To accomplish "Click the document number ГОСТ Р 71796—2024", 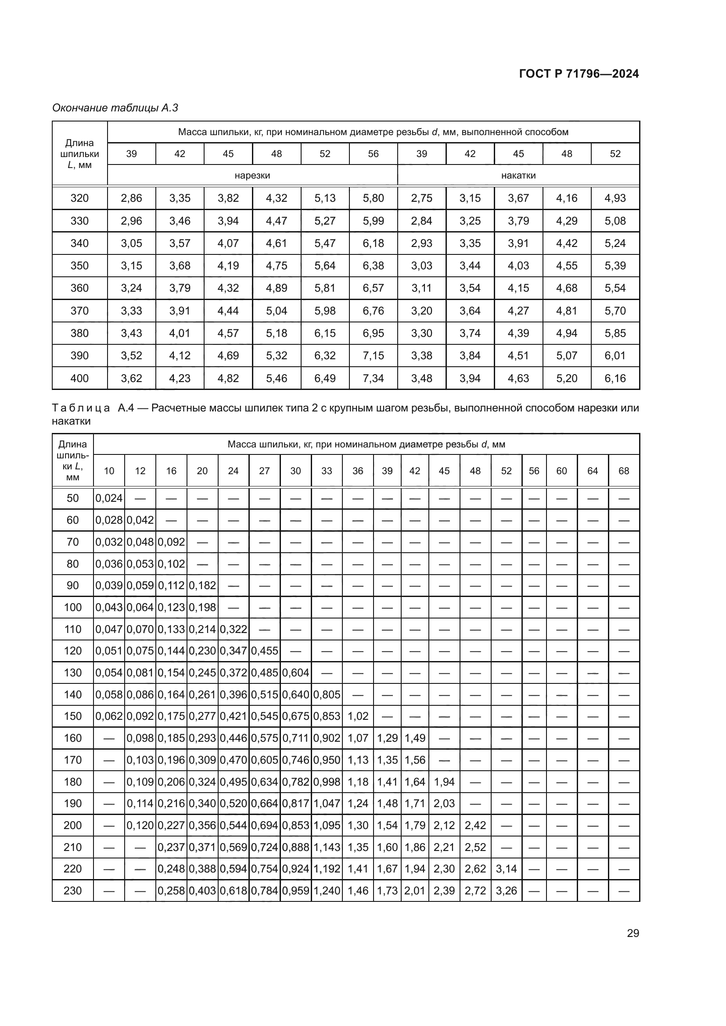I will click(x=579, y=74).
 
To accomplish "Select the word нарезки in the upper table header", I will click(x=252, y=175).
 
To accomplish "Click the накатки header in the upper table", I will click(x=518, y=175).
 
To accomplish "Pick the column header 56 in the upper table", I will click(x=373, y=154).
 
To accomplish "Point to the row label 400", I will click(x=79, y=379).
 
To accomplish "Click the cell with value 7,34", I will click(x=373, y=379).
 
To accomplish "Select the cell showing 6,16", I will click(x=615, y=379).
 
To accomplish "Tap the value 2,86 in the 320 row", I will click(x=131, y=198).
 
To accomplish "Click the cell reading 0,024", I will click(x=109, y=498).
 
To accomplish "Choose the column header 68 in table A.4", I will click(x=624, y=471).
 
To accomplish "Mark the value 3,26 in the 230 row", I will click(x=506, y=890).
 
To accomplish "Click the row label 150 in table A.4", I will click(x=72, y=716).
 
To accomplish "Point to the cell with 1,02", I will click(x=358, y=716).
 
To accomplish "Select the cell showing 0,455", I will click(x=264, y=651).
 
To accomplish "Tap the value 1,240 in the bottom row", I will click(x=327, y=890).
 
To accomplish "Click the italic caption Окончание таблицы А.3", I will click(x=115, y=108).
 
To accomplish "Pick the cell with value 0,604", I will click(x=295, y=672).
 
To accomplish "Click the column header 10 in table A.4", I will click(x=109, y=471).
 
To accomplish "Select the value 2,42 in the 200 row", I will click(x=475, y=825).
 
